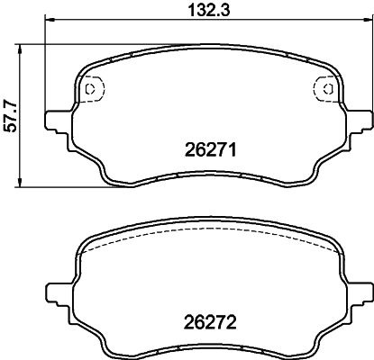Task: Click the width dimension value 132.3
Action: click(209, 10)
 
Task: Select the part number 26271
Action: click(211, 149)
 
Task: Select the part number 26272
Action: click(211, 323)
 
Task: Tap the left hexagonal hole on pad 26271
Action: click(90, 89)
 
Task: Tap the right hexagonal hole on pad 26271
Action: click(328, 89)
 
